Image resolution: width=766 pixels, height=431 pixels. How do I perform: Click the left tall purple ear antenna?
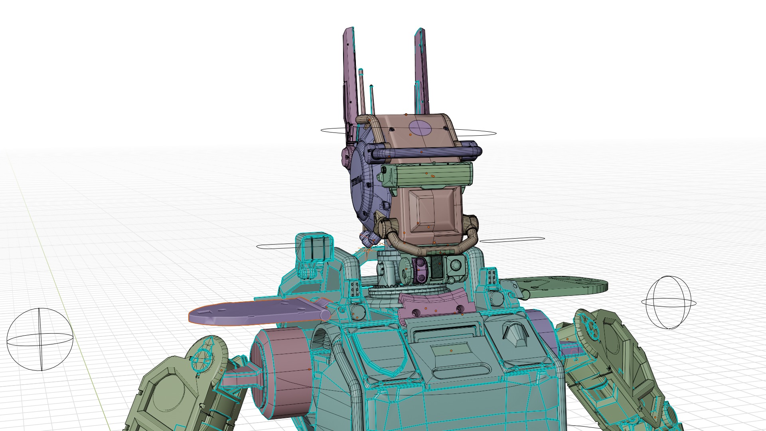(x=350, y=80)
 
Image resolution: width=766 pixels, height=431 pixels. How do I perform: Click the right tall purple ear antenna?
(x=421, y=72)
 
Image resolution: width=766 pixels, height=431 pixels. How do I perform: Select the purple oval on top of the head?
(x=420, y=128)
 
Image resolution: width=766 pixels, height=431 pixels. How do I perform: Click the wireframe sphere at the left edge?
(x=40, y=339)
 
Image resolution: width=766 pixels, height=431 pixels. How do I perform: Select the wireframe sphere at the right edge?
(x=669, y=302)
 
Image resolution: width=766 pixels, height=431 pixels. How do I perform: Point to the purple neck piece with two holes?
(x=421, y=269)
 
